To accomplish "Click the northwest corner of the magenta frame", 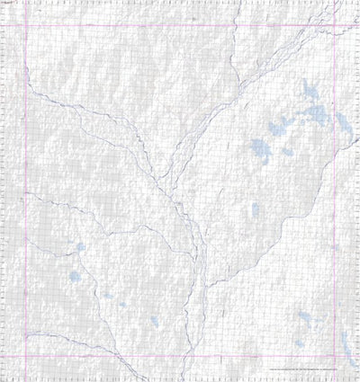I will (25, 24).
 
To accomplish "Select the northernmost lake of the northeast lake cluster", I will (309, 90).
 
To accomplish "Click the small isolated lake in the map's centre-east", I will (255, 209).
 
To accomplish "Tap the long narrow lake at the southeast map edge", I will (346, 342).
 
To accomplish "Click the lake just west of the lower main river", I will (154, 320).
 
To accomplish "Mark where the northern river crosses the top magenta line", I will (236, 24).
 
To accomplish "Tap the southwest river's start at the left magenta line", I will (25, 192).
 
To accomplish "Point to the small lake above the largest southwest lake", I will (79, 247).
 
